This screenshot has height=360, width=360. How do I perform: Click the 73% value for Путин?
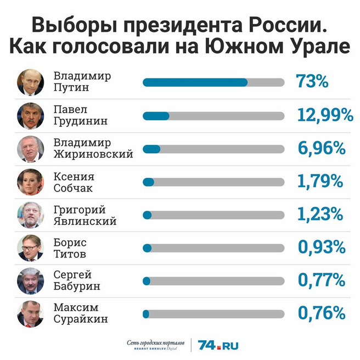[x=312, y=82]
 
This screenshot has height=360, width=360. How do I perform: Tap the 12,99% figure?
[x=324, y=115]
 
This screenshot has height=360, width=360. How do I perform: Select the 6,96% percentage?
[x=321, y=148]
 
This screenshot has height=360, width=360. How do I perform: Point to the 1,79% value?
[x=320, y=181]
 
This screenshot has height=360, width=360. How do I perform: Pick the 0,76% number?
[x=321, y=313]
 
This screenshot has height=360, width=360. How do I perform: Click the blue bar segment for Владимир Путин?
[x=195, y=82]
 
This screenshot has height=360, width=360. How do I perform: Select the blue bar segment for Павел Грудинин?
[x=156, y=116]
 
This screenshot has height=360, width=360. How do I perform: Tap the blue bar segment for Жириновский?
[x=151, y=149]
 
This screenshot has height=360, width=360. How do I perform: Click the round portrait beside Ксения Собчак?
[x=30, y=182]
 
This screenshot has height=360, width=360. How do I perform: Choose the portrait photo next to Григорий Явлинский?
[x=30, y=215]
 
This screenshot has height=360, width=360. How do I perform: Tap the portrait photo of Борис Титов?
[x=30, y=248]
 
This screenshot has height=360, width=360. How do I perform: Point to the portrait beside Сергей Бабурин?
[x=30, y=280]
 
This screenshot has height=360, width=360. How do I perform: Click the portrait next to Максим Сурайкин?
[x=30, y=313]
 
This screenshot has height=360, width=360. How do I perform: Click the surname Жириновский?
[x=93, y=154]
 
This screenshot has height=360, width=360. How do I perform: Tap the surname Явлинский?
[x=85, y=221]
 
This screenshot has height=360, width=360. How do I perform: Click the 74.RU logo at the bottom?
[x=218, y=345]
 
